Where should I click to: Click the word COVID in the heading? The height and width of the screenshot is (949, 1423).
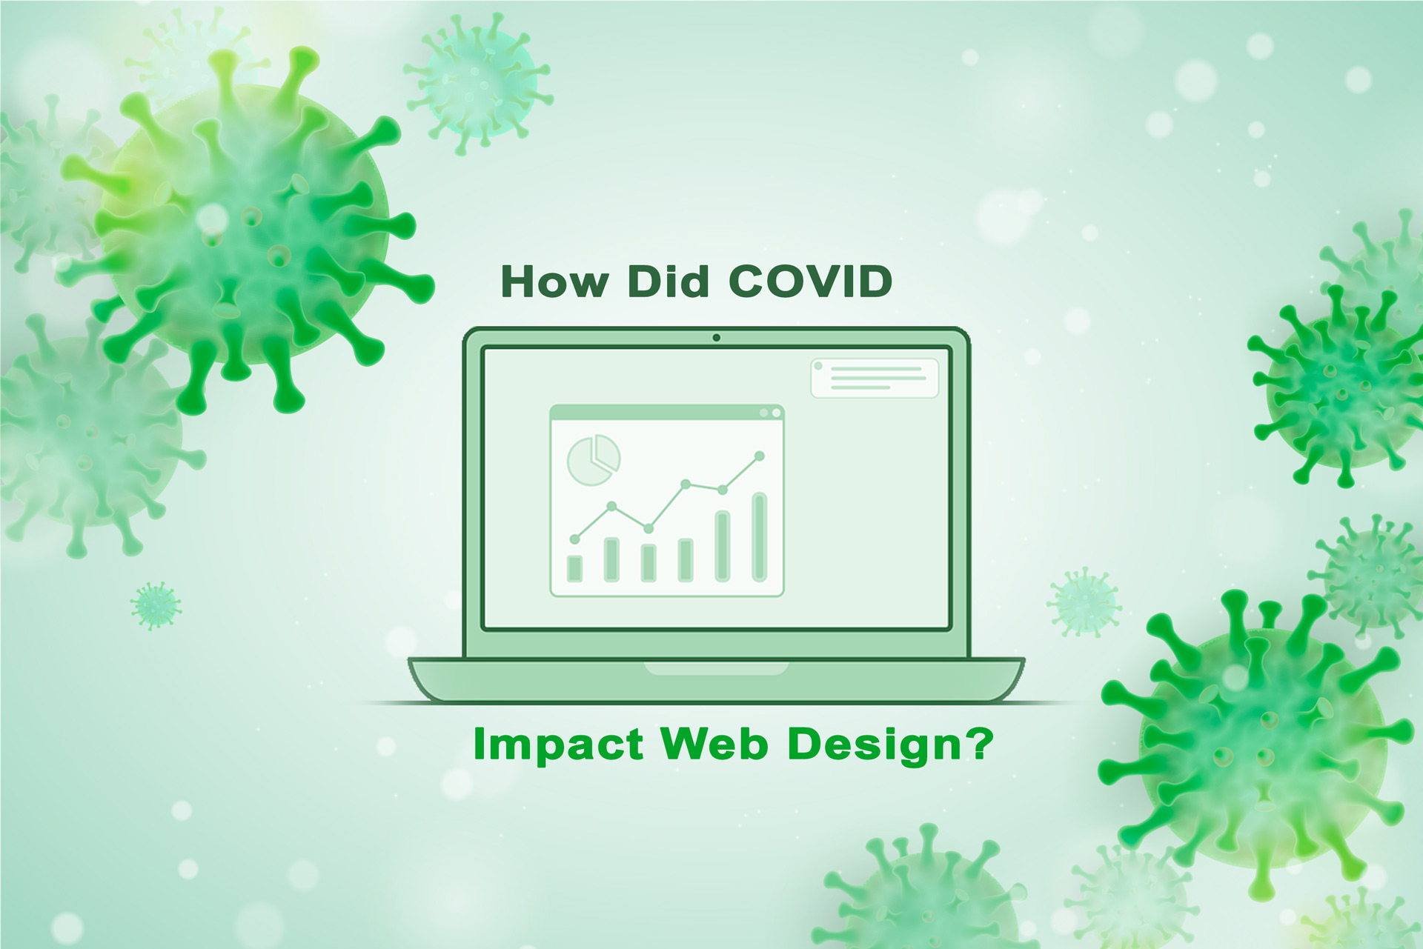click(x=810, y=282)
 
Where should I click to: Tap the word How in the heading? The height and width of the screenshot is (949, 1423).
click(x=554, y=282)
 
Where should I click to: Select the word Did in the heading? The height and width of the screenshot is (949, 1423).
click(x=668, y=282)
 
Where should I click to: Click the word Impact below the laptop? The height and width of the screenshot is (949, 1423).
click(x=557, y=745)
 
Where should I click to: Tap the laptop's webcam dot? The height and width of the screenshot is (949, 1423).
click(x=716, y=338)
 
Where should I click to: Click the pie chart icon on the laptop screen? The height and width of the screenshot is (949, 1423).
click(x=593, y=460)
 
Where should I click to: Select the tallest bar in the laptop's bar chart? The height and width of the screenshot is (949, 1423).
click(x=759, y=537)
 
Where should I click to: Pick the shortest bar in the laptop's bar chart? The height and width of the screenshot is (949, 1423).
click(x=574, y=568)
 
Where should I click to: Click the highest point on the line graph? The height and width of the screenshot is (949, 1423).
click(x=759, y=456)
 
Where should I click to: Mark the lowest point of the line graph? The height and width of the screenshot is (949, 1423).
click(x=574, y=539)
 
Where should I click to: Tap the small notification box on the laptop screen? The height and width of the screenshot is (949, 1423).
click(x=875, y=378)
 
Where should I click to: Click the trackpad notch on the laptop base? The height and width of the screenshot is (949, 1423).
click(x=716, y=669)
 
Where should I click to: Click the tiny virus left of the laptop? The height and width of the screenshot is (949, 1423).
click(x=156, y=605)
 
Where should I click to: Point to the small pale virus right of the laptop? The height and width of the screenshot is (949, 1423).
click(x=1084, y=603)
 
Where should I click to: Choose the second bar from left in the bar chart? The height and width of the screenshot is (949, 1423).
click(x=611, y=559)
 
